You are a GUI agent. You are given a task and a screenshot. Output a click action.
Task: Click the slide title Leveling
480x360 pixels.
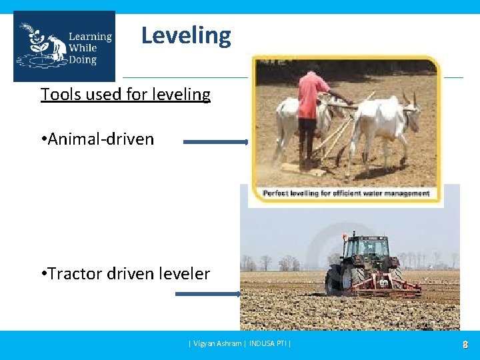(186, 35)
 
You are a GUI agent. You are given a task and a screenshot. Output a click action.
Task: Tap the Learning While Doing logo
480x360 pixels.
(64, 47)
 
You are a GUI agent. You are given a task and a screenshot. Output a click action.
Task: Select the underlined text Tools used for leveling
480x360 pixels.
(125, 95)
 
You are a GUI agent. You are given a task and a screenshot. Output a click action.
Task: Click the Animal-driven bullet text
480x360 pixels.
(97, 139)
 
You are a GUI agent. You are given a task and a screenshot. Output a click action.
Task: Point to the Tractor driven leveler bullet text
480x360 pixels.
(125, 273)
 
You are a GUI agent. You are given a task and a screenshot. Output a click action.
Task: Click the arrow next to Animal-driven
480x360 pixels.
(215, 142)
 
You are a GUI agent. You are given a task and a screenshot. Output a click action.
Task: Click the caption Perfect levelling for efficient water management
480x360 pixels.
(346, 193)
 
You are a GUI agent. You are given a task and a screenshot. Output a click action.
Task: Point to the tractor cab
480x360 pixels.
(367, 248)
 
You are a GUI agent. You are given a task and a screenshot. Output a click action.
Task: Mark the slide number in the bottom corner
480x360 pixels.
(465, 345)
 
